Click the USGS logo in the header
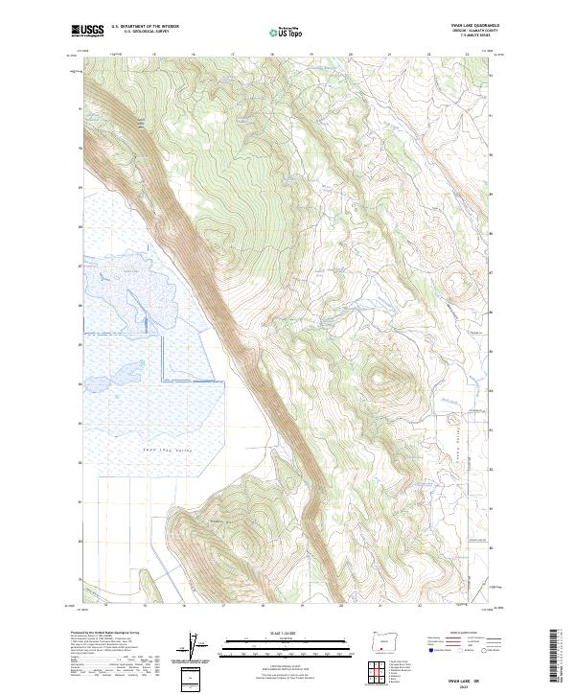87,31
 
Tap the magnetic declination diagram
196,649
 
